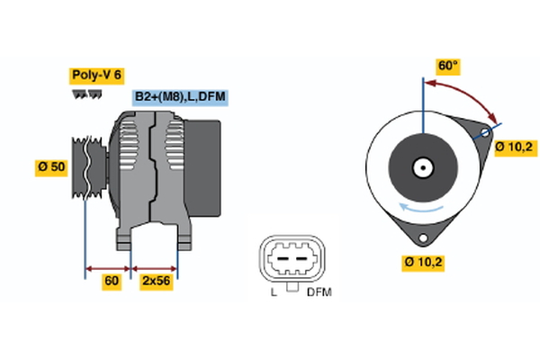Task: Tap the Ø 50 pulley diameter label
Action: (x=50, y=167)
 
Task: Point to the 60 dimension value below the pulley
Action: (x=112, y=282)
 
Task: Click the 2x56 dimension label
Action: (x=155, y=282)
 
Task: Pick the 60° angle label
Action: (x=447, y=66)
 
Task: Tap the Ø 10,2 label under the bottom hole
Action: (x=424, y=263)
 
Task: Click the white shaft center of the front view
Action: (x=421, y=167)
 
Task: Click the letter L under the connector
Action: (x=273, y=292)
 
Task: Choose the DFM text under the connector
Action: (x=319, y=292)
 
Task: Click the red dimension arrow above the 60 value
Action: (x=108, y=268)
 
